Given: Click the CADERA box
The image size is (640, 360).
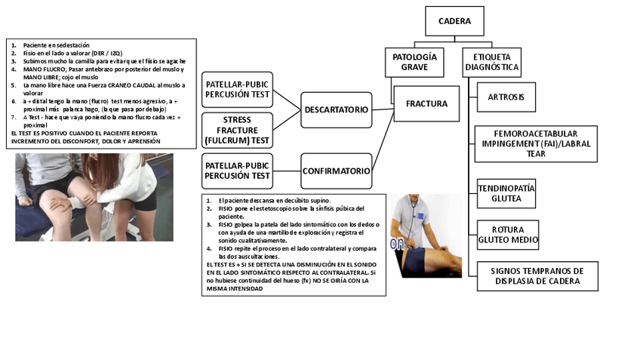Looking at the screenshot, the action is (454, 21).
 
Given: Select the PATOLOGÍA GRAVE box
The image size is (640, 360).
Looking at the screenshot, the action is (414, 62).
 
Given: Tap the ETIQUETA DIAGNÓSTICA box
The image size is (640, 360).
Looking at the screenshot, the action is (491, 62).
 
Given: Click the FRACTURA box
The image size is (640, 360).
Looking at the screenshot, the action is (426, 103).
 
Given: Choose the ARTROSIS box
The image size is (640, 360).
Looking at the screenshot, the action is (506, 97).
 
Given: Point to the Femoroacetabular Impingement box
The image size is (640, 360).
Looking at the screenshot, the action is (535, 143).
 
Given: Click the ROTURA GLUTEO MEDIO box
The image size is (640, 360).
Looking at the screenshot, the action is (508, 235).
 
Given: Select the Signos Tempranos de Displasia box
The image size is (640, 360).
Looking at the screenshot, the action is (537, 275).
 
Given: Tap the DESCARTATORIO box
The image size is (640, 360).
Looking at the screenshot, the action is (336, 109).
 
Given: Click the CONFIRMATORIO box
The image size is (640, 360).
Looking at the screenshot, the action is (336, 171).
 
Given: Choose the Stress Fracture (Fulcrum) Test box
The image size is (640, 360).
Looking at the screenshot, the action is (237, 130).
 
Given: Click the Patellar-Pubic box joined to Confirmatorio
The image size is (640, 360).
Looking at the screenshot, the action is (237, 171).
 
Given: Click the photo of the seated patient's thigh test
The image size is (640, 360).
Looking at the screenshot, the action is (94, 197).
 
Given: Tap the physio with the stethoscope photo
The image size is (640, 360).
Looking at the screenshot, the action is (425, 236).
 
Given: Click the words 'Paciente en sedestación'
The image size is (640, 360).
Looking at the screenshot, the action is (54, 45).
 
